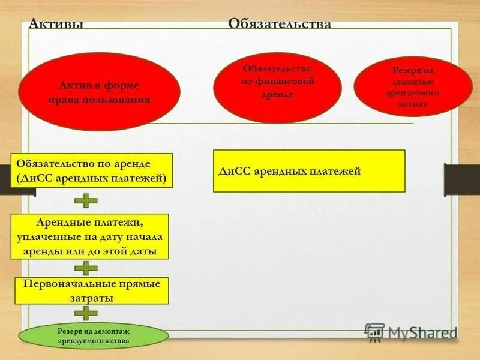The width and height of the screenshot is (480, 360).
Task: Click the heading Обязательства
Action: (x=279, y=23)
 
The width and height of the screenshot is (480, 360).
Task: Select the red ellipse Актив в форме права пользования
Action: (x=99, y=91)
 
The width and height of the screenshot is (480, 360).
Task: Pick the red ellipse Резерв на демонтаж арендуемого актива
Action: (x=413, y=86)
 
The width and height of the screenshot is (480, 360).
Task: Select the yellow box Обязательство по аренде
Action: (x=92, y=171)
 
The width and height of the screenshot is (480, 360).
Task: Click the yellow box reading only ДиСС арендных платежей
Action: (x=309, y=171)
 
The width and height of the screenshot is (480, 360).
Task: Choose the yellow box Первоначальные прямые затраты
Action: (x=92, y=290)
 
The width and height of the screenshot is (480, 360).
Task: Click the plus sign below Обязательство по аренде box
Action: (x=86, y=200)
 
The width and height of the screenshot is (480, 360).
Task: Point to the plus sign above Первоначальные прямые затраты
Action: (x=86, y=268)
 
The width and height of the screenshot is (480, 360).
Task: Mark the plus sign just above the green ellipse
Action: (x=86, y=313)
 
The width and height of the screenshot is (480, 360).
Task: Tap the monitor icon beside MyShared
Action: (x=375, y=332)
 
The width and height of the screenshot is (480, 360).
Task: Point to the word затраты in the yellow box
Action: (x=92, y=297)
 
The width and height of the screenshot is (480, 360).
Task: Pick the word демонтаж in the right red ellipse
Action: (x=413, y=82)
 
